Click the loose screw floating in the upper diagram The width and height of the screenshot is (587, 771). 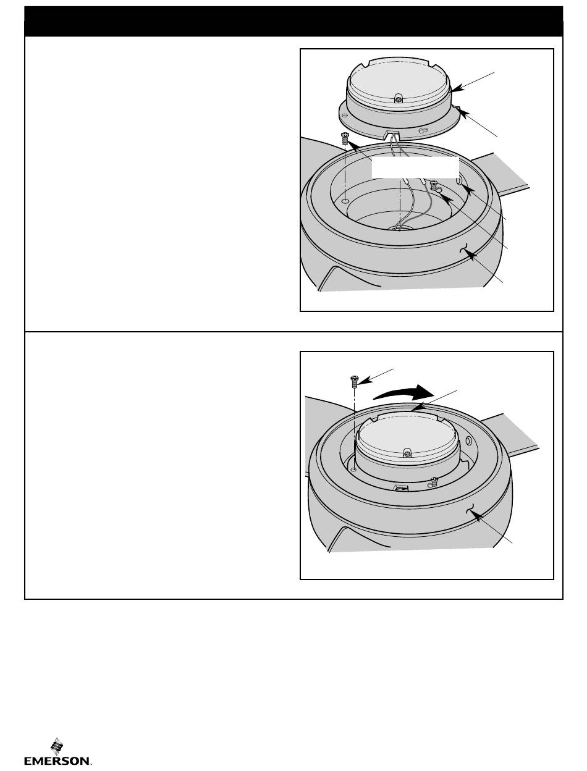[x=345, y=140]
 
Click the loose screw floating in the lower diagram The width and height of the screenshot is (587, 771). [x=354, y=381]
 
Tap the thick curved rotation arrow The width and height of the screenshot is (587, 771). [x=404, y=393]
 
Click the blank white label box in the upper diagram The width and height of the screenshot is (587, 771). [x=415, y=167]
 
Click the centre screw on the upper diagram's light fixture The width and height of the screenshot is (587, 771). [x=398, y=99]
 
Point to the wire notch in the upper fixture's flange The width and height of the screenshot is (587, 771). [x=393, y=133]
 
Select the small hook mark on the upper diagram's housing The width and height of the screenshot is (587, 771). [x=463, y=248]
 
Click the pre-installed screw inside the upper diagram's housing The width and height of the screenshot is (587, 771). [x=434, y=185]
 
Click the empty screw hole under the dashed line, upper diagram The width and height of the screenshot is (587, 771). [x=345, y=201]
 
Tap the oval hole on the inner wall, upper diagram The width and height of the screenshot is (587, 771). [x=459, y=180]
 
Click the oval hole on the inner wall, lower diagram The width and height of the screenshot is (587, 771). [x=468, y=440]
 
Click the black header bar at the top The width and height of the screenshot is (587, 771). [x=293, y=21]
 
